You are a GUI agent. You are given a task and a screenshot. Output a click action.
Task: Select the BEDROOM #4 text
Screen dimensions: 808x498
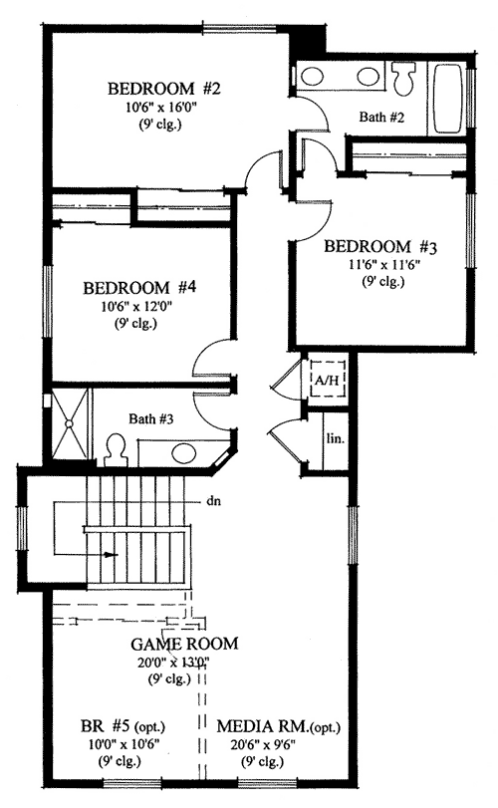pos(139,287)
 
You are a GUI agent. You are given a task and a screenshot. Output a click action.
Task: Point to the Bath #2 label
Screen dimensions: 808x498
pos(381,118)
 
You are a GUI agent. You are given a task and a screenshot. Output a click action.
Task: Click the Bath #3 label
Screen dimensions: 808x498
pos(151,419)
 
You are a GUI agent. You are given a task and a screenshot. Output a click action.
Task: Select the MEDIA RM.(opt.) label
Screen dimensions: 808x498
pos(275,724)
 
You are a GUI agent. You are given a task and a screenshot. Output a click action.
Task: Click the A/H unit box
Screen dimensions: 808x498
pos(325,379)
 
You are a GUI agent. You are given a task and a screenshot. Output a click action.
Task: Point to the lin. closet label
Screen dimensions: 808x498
pos(333,438)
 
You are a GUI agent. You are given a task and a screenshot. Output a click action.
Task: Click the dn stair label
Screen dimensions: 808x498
pos(213,502)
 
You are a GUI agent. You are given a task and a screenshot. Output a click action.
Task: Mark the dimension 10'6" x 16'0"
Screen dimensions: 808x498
pos(165,109)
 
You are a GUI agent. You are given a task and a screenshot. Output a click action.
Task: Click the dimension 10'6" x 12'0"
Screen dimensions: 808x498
pos(139,306)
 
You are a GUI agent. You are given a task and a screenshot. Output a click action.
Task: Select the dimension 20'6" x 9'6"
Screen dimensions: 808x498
pos(275,742)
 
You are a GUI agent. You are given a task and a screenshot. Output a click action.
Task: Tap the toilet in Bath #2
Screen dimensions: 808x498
pos(405,77)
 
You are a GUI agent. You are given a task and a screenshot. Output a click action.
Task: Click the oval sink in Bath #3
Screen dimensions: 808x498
pos(186,454)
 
